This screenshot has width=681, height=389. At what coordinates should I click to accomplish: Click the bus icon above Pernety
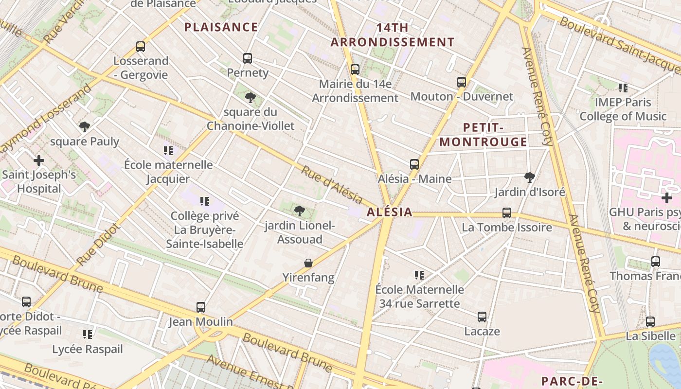point(248,58)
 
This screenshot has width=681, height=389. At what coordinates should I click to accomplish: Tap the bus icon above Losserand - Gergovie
point(141,47)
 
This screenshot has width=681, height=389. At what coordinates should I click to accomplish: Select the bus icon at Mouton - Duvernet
point(462,82)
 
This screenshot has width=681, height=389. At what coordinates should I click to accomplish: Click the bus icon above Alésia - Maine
point(414,164)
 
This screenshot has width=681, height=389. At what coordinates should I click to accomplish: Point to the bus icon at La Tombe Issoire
point(507,213)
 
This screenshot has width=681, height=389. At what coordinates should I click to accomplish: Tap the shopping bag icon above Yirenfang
point(308,263)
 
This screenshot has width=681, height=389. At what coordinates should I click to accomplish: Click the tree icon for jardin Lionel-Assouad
point(300,211)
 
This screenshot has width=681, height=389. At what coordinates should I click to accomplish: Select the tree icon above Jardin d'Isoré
point(530,177)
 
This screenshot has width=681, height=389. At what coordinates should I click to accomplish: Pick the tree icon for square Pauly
point(85,127)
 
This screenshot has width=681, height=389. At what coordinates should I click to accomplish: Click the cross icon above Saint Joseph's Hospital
point(39,160)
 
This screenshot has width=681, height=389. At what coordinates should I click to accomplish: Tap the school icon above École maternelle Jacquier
point(168,151)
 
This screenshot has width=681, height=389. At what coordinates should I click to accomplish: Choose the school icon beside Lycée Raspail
point(88,335)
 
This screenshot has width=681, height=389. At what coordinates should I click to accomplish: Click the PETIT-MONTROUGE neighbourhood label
point(483,135)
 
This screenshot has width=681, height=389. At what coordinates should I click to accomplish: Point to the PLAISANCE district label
point(221,27)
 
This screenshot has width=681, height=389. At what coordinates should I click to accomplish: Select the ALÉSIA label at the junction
point(390,212)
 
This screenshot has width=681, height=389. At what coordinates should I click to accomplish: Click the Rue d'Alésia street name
point(332,185)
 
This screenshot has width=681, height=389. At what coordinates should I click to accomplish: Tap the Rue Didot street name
point(98,245)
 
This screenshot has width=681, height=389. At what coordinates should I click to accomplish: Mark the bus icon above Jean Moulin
point(201,307)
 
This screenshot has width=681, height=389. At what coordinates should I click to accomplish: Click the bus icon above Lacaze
point(482,317)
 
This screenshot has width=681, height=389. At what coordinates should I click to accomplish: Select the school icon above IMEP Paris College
point(623,88)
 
